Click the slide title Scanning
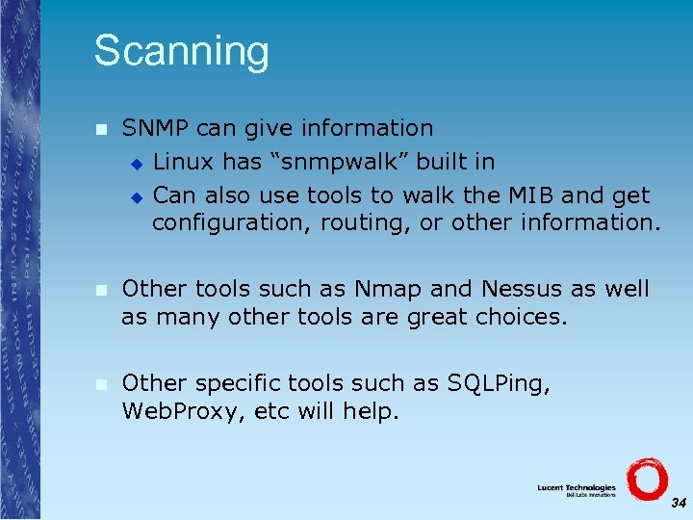[x=181, y=51]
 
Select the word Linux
[x=182, y=161]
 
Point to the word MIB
[x=529, y=195]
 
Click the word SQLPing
[x=499, y=383]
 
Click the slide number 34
[x=679, y=504]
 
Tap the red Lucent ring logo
[x=646, y=479]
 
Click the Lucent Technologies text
[x=577, y=487]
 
